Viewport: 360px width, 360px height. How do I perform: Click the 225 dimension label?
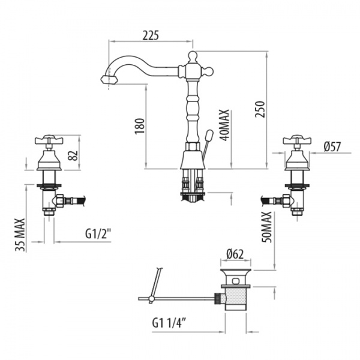coord(151,35)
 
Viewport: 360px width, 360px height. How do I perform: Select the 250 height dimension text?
coord(260,109)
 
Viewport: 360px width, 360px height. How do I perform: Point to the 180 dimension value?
coord(140,126)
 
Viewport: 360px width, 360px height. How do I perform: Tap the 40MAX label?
coord(224,125)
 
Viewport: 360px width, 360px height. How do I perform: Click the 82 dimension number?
coord(74,155)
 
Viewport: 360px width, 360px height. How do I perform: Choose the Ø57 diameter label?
coord(332,147)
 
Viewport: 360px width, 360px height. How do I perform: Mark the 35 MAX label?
coord(20,235)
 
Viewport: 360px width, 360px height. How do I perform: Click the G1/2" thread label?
coord(98,234)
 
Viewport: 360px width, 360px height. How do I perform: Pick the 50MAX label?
coord(267,227)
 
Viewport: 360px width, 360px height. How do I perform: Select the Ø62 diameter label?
coord(235,254)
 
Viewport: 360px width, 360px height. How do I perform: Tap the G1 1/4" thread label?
coord(169,323)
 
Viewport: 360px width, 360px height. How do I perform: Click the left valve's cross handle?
coord(49,140)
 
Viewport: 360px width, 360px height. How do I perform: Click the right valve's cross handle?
coord(297,140)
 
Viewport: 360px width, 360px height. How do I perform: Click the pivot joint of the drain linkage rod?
coord(151,298)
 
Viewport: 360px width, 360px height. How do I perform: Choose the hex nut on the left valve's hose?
coord(60,200)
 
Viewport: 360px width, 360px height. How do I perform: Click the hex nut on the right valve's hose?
coord(286,200)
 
